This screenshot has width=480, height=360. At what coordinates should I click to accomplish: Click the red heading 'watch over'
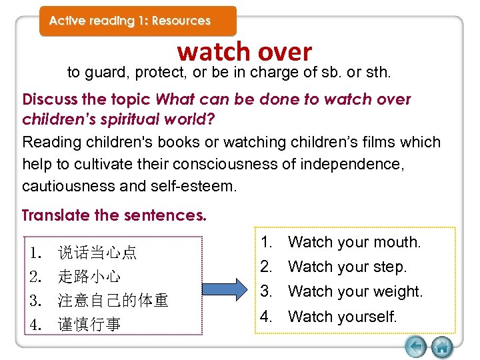(x=245, y=52)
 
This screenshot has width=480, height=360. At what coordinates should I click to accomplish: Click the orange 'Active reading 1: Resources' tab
(x=130, y=21)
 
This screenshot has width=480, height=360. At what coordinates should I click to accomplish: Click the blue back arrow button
(x=416, y=347)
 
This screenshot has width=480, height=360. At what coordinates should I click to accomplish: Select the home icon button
(x=442, y=347)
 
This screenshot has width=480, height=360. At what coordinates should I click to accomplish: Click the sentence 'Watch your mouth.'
(x=354, y=242)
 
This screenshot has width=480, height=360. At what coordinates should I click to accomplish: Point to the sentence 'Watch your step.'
(x=347, y=267)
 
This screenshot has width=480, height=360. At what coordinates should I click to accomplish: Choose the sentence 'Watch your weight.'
(x=355, y=291)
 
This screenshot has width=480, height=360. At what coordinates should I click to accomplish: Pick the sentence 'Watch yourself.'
(x=342, y=316)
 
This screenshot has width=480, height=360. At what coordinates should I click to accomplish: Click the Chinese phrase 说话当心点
(x=97, y=253)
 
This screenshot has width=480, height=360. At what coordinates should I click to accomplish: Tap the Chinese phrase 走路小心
(x=89, y=277)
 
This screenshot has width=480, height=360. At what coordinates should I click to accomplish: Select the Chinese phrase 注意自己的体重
(x=113, y=301)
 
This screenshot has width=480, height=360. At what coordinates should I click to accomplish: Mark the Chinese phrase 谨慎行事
(x=89, y=325)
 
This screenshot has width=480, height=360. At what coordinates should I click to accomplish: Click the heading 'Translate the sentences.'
(x=114, y=215)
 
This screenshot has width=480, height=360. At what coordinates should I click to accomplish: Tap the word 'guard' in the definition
(x=103, y=73)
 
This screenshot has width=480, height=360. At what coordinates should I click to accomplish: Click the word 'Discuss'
(x=49, y=100)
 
